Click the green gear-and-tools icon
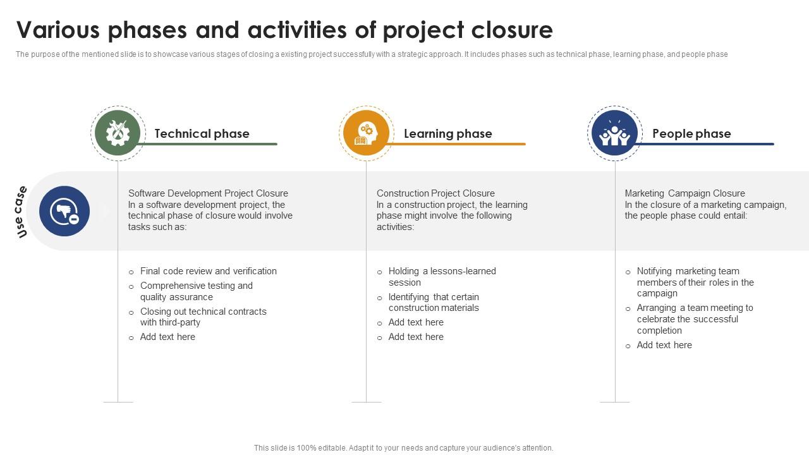[118, 133]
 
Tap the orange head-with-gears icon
[366, 133]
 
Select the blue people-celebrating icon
[614, 133]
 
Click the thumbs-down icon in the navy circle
[64, 211]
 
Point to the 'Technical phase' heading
[202, 133]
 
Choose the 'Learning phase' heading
[447, 133]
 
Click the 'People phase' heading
[691, 133]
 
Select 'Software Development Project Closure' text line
[208, 193]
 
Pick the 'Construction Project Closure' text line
[435, 193]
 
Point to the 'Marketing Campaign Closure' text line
[684, 193]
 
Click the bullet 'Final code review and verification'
[208, 271]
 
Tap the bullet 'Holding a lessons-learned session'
[442, 277]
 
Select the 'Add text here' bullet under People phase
[664, 345]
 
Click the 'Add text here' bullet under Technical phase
[167, 337]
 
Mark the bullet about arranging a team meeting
[695, 319]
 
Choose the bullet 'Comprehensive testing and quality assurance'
[196, 291]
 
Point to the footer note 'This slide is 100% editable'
[403, 448]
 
